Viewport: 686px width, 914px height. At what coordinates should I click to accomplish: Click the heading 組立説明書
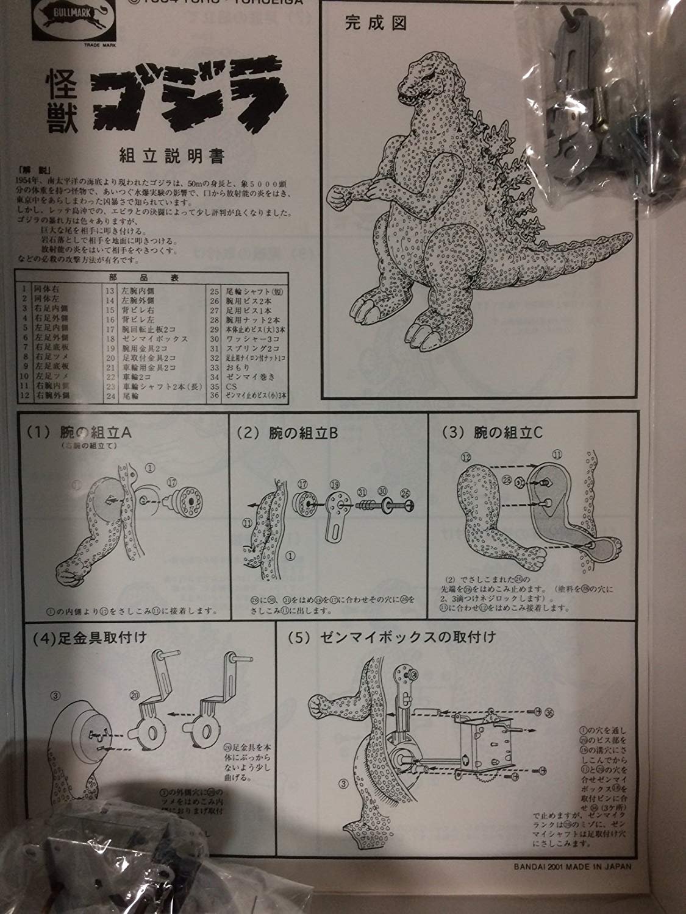pyautogui.click(x=174, y=157)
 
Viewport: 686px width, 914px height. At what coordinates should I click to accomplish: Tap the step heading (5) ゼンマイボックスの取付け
pyautogui.click(x=391, y=638)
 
